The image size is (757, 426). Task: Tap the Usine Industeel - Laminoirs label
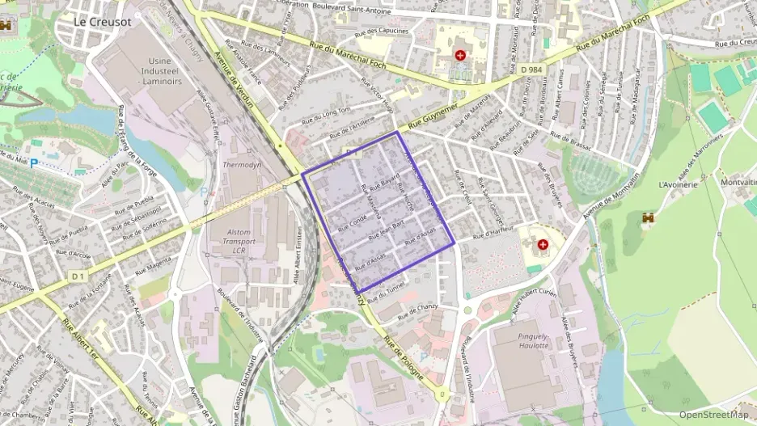[167, 71]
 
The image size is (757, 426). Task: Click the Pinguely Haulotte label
[531, 340]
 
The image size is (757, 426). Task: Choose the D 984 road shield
[531, 70]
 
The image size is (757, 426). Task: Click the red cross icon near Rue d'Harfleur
[542, 243]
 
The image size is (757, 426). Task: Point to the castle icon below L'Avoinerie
[647, 218]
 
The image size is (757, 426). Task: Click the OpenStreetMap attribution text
[713, 415]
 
